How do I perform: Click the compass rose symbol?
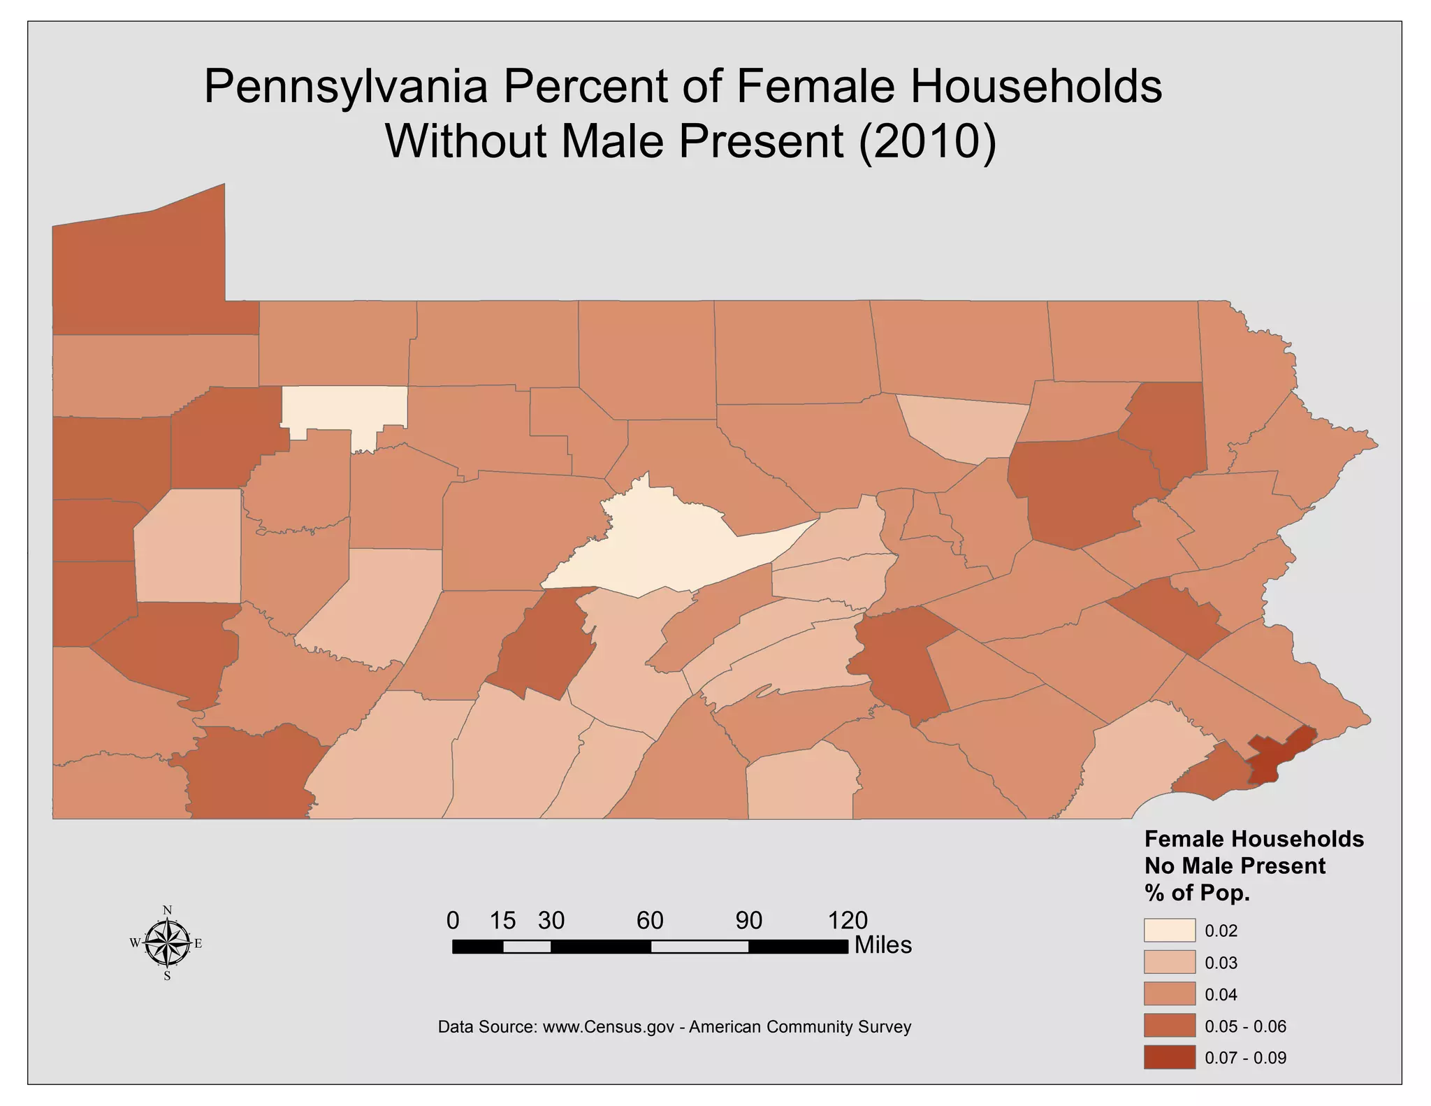pos(168,942)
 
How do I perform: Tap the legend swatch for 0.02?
pos(1169,931)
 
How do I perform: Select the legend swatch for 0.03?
pos(1169,963)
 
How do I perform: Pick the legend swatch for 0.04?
pos(1169,994)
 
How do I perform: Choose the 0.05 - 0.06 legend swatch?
pos(1169,1026)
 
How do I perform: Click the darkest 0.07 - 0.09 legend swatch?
pos(1169,1057)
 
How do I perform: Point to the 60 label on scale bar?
pos(650,921)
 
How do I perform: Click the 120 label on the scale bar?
pos(848,921)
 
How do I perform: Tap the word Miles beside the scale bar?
pos(883,945)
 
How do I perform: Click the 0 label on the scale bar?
pos(453,921)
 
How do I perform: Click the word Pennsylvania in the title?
pos(345,87)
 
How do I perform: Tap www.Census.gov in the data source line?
pos(608,1027)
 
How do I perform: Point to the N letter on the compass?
pos(168,910)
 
